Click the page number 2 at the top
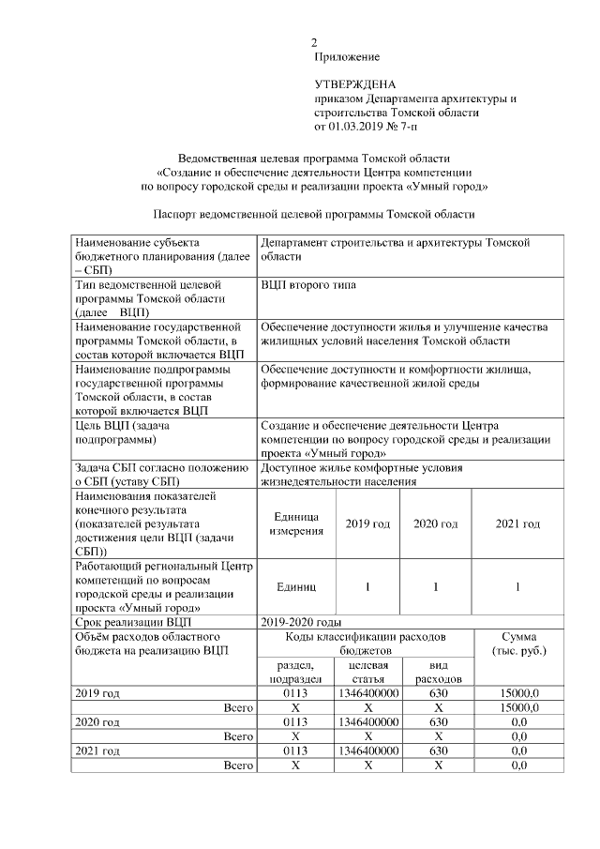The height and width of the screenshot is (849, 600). pos(316,42)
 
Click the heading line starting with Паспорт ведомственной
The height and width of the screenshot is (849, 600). pos(314,214)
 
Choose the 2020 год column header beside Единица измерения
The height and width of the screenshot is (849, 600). pos(435,523)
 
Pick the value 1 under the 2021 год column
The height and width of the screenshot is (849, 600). pos(518,586)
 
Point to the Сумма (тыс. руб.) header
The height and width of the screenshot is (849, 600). pos(518,644)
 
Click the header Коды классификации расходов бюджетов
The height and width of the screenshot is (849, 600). pos(365,644)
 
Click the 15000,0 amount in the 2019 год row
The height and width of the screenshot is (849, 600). pos(518,693)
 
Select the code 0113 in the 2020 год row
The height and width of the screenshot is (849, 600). pos(295,722)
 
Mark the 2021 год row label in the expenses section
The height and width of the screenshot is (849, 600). pos(97,751)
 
